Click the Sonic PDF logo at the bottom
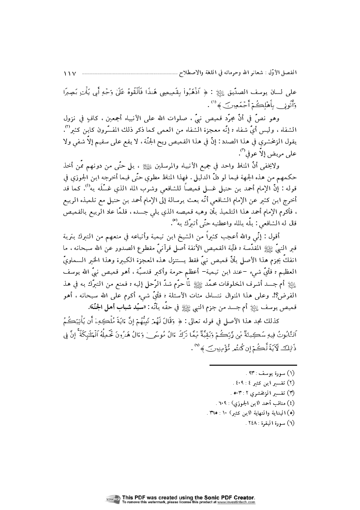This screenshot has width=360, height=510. [113, 500]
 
